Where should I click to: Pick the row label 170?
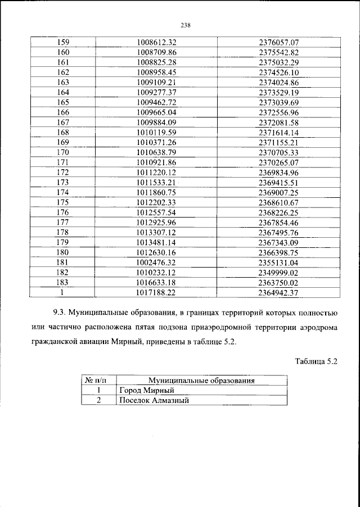pyautogui.click(x=63, y=152)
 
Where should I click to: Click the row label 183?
pyautogui.click(x=63, y=282)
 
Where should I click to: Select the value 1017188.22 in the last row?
pyautogui.click(x=157, y=292)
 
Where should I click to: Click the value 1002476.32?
pyautogui.click(x=157, y=262)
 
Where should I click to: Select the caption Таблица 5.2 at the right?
pyautogui.click(x=316, y=363)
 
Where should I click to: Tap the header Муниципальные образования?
pyautogui.click(x=201, y=381)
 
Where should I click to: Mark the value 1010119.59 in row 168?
pyautogui.click(x=157, y=132)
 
